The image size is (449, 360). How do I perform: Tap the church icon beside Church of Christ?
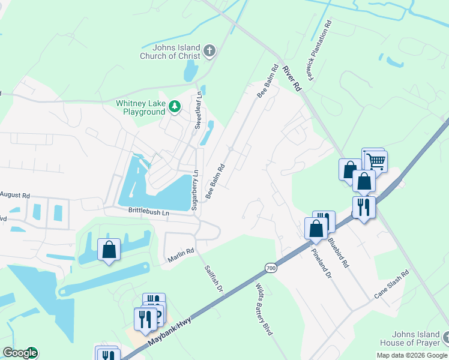click(209, 50)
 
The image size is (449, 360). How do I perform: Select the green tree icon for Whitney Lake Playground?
click(175, 107)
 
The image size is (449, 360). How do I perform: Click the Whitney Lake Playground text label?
click(140, 107)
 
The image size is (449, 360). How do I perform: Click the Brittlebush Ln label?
click(148, 212)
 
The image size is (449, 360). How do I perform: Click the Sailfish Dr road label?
click(213, 279)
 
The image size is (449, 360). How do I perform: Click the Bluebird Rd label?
click(340, 251)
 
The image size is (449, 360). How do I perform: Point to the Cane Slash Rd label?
click(391, 284)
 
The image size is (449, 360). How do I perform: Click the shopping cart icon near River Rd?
click(376, 160)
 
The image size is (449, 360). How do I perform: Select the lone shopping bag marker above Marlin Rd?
click(109, 249)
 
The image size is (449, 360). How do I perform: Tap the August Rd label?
click(14, 195)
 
